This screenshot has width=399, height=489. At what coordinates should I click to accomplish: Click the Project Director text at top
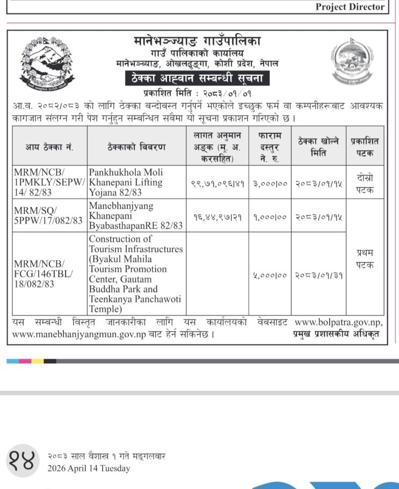(350, 7)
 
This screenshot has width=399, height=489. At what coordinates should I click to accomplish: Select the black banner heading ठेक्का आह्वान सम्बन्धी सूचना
(197, 79)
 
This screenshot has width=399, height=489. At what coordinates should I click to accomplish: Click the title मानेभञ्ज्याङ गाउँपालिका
(197, 41)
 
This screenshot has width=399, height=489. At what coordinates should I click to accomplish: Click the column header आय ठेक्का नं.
(49, 147)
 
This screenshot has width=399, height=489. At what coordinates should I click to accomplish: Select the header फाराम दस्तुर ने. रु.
(270, 146)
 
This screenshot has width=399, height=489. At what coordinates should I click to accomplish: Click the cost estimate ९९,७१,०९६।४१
(217, 183)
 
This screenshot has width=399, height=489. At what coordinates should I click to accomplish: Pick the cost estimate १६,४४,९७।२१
(217, 217)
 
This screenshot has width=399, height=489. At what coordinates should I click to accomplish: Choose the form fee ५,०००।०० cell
(270, 276)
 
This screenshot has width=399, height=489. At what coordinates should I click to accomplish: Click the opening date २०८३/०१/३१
(318, 276)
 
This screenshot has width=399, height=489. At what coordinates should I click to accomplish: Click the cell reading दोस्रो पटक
(365, 183)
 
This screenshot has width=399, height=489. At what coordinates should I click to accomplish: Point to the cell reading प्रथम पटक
(365, 258)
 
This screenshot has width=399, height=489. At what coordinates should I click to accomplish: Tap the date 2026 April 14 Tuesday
(89, 469)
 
